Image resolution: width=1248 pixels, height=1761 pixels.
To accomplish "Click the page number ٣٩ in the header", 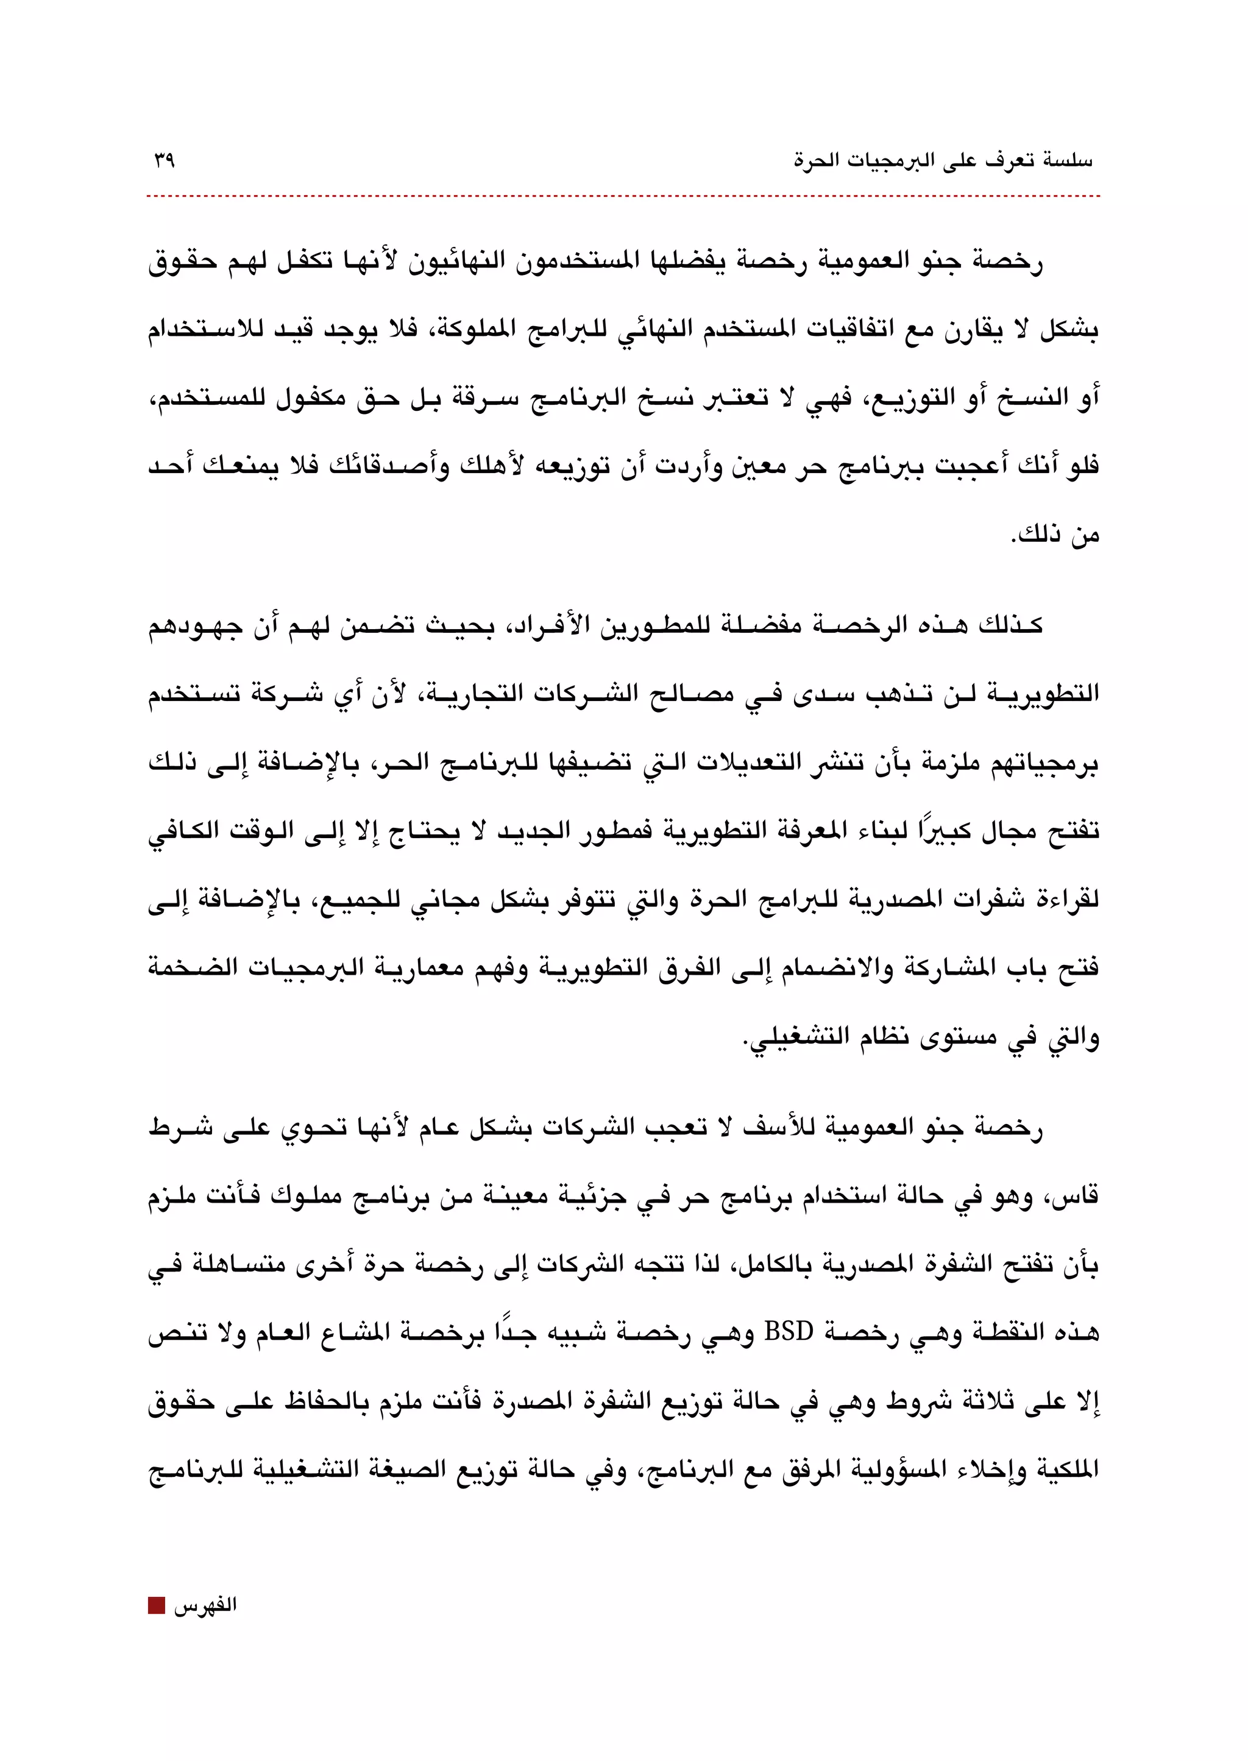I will pyautogui.click(x=164, y=161).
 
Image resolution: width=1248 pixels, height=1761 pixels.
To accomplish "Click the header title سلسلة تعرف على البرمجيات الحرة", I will pyautogui.click(x=943, y=161).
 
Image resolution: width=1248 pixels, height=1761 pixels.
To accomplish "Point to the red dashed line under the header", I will pyautogui.click(x=622, y=197).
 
